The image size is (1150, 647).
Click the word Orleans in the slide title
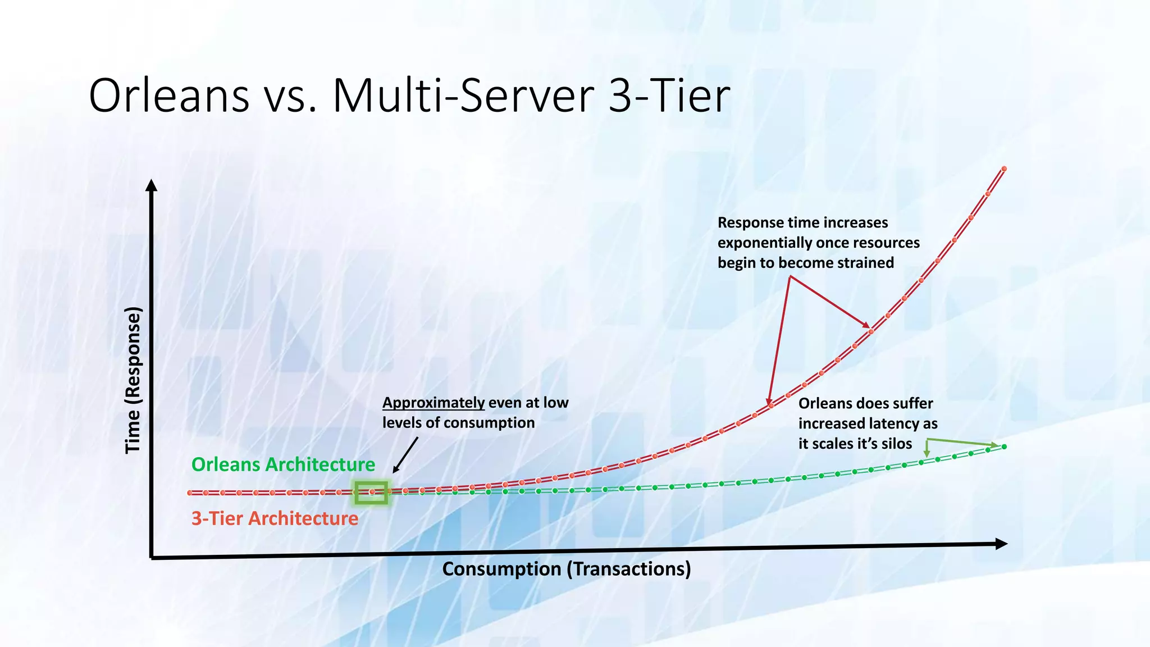(x=169, y=95)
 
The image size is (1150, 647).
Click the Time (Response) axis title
(x=133, y=380)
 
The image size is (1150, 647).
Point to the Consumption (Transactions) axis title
(x=566, y=569)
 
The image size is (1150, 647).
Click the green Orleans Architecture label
(x=283, y=464)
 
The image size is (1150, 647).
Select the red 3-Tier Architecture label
(x=275, y=518)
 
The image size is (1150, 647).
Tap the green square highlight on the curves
(x=371, y=493)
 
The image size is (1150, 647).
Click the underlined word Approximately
(x=433, y=403)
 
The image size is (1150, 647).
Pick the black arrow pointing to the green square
(x=405, y=455)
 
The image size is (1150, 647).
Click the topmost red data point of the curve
(x=1004, y=168)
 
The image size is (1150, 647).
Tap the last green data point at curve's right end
(x=1004, y=446)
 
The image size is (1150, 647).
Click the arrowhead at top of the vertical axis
(x=151, y=185)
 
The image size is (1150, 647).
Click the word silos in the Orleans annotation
(x=896, y=444)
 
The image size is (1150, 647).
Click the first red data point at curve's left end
(x=190, y=493)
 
